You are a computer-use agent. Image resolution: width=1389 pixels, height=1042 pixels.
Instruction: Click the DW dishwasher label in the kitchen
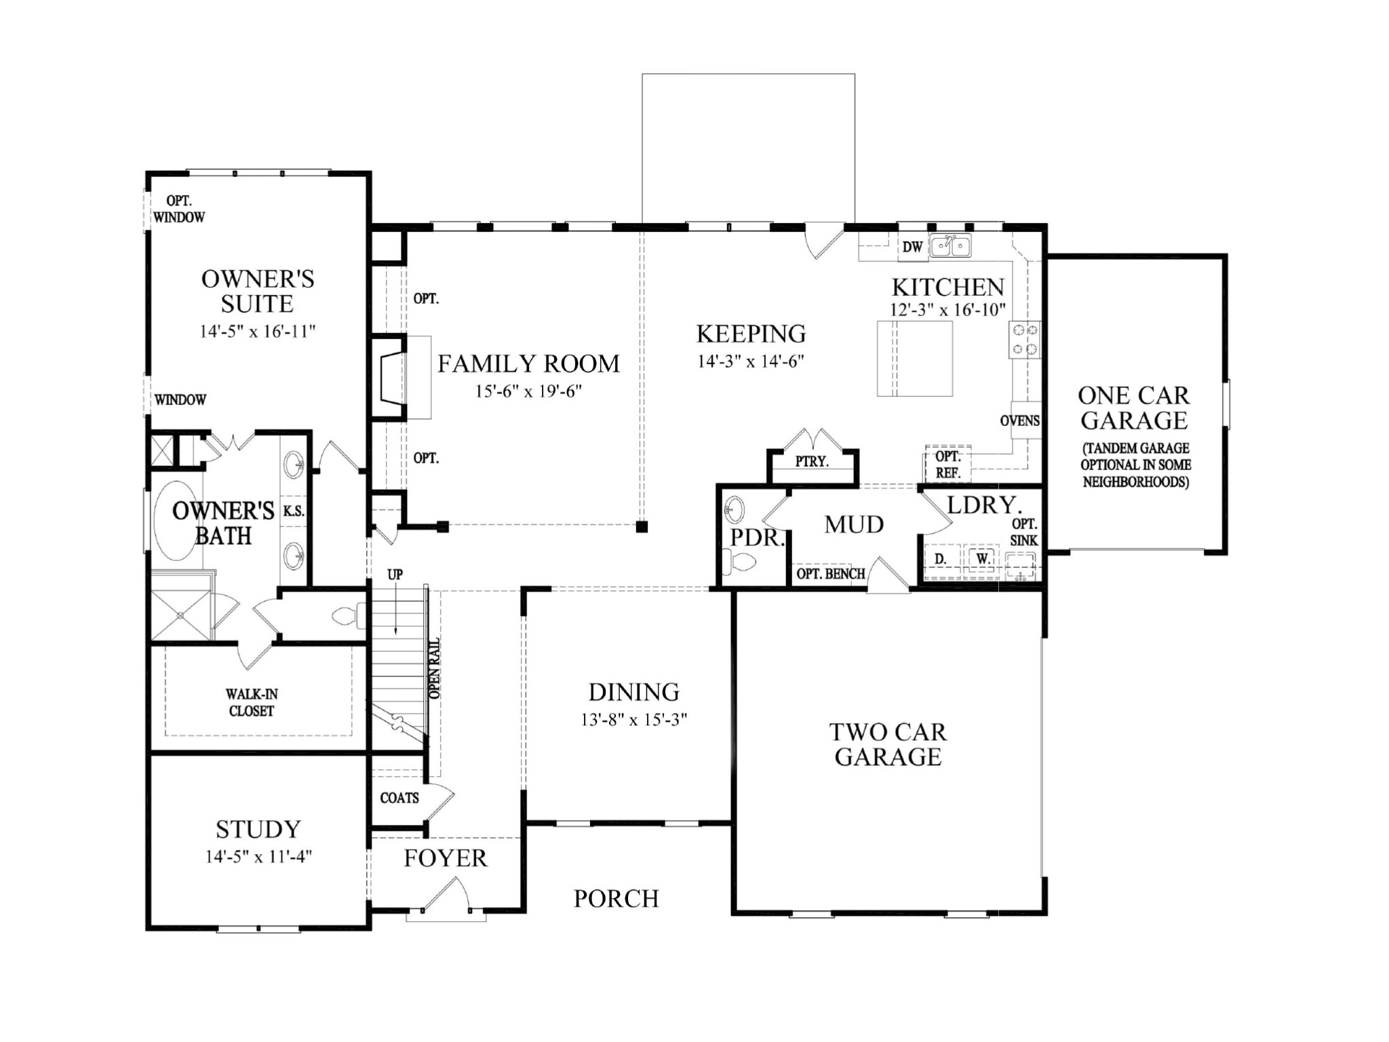coord(912,247)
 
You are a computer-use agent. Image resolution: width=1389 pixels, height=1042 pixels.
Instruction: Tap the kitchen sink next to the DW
coord(950,245)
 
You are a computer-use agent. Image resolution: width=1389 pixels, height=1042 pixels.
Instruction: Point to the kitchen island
coord(915,358)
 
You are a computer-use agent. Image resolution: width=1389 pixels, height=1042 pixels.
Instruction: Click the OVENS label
coord(1019,421)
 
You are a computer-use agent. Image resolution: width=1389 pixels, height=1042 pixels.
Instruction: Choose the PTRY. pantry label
coord(812,461)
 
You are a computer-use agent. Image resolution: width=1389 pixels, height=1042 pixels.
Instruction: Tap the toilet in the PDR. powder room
coord(739,562)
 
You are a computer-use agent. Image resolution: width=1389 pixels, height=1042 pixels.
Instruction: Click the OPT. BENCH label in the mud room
coord(830,574)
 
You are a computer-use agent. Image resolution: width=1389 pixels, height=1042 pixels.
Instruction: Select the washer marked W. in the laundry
coord(983,559)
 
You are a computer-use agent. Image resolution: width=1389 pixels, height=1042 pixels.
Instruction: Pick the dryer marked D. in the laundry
coord(940,559)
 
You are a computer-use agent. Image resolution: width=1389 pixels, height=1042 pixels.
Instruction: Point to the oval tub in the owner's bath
coord(176,521)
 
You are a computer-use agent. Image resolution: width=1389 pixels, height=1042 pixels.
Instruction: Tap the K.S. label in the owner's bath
coord(293,511)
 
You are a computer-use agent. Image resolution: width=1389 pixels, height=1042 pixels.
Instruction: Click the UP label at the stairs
coord(395,574)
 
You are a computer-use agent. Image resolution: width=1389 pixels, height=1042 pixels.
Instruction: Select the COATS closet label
coord(399,798)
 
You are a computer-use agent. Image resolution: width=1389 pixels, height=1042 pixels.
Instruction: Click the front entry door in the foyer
coord(444,895)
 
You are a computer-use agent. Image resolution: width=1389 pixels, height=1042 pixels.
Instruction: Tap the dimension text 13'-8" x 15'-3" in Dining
coord(633,720)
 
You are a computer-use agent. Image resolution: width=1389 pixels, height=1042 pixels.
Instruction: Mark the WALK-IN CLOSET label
coord(252,702)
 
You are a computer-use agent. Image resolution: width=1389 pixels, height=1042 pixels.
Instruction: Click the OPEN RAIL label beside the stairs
coord(435,668)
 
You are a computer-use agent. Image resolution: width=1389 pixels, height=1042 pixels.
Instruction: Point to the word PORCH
coord(616,898)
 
